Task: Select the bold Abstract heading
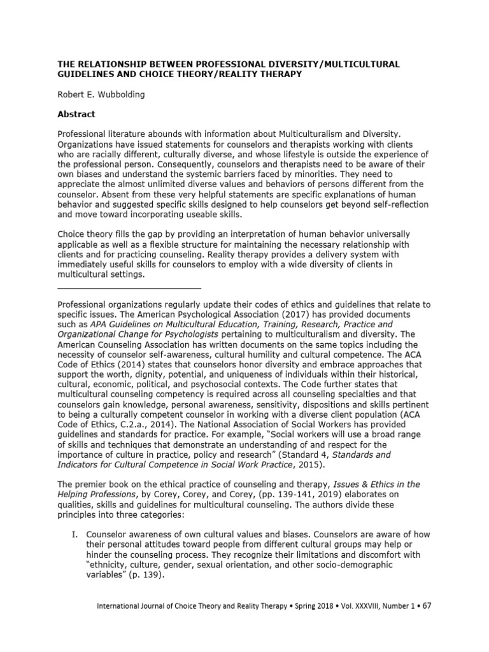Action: pos(76,115)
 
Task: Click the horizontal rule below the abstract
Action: pos(129,289)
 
